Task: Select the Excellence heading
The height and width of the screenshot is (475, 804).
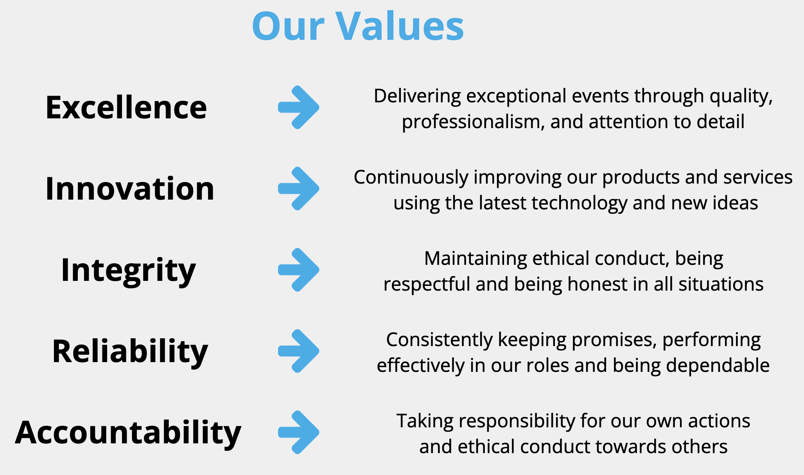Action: pyautogui.click(x=126, y=107)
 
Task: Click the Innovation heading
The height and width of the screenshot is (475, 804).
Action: pyautogui.click(x=129, y=189)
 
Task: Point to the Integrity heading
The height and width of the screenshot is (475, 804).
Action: pyautogui.click(x=128, y=271)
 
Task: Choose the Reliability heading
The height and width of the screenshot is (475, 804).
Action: pyautogui.click(x=130, y=351)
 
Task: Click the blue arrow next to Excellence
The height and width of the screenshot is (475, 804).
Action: pyautogui.click(x=299, y=107)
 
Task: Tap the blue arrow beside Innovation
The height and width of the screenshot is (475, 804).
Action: pyautogui.click(x=299, y=189)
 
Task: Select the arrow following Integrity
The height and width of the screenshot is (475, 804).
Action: pyautogui.click(x=299, y=270)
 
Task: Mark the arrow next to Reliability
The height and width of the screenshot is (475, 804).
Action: pyautogui.click(x=299, y=351)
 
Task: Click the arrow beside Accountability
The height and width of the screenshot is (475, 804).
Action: pyautogui.click(x=299, y=432)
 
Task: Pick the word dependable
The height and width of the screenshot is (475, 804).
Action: pyautogui.click(x=718, y=365)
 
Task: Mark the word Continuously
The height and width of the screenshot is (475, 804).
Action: pyautogui.click(x=411, y=178)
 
